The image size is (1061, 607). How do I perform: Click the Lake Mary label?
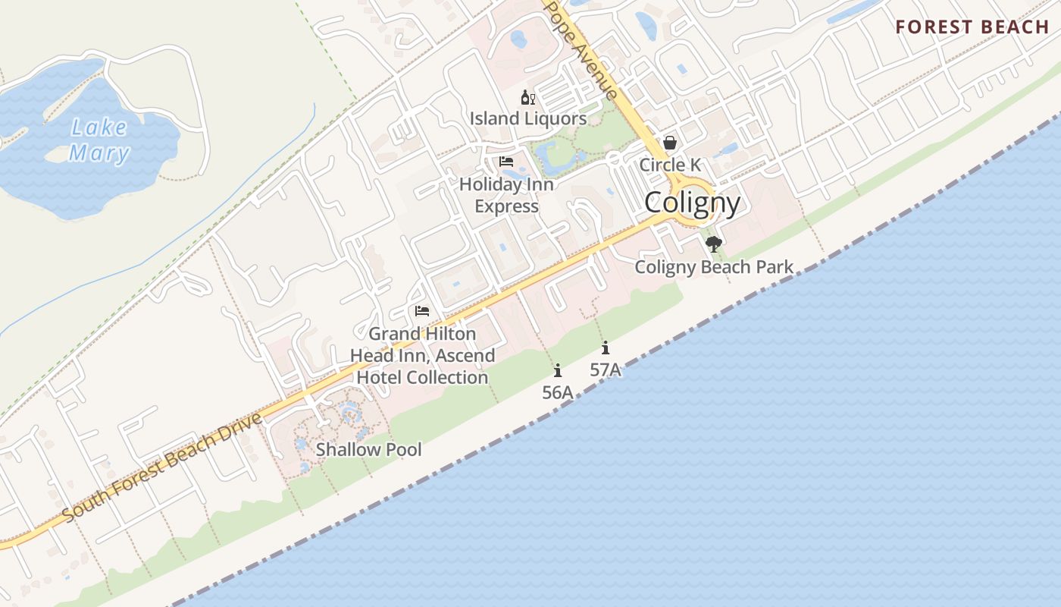pos(99,140)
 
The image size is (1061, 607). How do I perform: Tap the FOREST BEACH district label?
pos(972,27)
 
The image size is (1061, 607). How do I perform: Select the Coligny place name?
pos(692,203)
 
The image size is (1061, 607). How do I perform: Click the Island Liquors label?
pos(528,118)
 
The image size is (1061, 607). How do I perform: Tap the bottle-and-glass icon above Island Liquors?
pos(528,97)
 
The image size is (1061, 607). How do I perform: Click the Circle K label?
pos(670,165)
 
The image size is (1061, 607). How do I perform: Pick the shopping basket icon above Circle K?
pos(670,143)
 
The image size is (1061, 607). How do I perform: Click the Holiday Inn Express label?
pos(506,195)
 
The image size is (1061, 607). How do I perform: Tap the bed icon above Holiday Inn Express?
pos(506,162)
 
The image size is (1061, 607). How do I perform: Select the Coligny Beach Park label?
pos(714,266)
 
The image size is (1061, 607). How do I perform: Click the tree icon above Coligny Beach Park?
pos(713,244)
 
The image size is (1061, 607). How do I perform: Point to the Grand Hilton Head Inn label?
pos(422,355)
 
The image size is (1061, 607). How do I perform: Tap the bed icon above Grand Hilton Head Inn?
pos(422,311)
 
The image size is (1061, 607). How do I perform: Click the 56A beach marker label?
pos(557,392)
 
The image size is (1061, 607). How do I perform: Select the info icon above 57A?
pos(606,348)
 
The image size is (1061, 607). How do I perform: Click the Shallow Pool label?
pos(368,449)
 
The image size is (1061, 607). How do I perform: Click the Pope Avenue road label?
pos(581,50)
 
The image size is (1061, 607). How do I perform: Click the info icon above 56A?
pos(558,370)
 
